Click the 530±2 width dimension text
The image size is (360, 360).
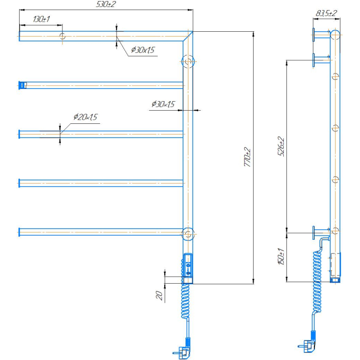coord(106,4)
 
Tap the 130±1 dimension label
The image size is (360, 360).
coord(41,19)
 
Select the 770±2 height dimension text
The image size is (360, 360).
coord(248,157)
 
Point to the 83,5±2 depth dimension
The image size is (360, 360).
coord(326,13)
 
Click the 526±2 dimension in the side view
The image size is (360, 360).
coord(281,147)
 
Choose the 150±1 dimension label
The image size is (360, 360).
coord(281,256)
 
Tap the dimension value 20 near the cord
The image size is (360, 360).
coord(159,295)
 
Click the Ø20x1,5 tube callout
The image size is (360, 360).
coord(85,117)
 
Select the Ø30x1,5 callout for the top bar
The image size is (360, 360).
coord(143,50)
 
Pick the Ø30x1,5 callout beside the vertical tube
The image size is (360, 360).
coord(163,104)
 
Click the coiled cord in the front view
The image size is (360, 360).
coord(185,301)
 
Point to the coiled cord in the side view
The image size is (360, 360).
coord(317,282)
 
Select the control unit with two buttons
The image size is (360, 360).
coord(188,265)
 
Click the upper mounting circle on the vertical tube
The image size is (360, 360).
coord(188,61)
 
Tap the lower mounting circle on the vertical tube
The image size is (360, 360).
coord(188,234)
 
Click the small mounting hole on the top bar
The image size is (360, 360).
coord(62,36)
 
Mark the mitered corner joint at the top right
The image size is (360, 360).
coord(188,37)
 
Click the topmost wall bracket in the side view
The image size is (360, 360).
coord(321,35)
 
